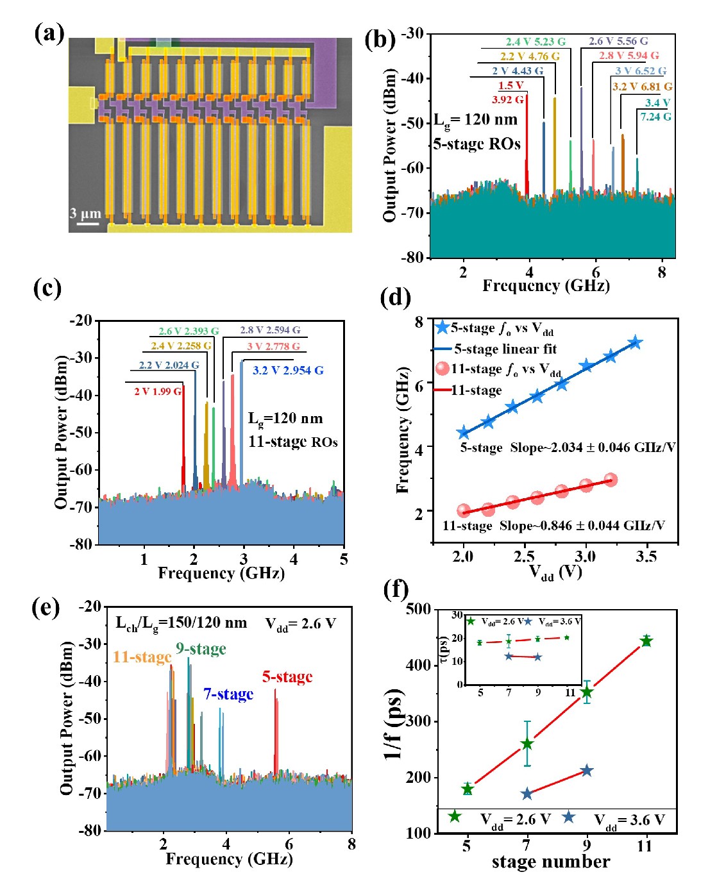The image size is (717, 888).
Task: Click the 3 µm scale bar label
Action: point(85,214)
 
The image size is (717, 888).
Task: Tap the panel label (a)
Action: point(49,32)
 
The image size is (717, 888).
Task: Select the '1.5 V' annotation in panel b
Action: point(510,85)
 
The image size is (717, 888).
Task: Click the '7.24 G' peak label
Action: point(655,117)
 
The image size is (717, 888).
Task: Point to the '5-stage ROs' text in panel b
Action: point(477,144)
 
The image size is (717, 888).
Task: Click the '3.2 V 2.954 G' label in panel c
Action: point(288,371)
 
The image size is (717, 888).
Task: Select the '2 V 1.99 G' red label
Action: point(158,391)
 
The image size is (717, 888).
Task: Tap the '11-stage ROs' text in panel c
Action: point(293,442)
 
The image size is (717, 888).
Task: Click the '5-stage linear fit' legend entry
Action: point(505,349)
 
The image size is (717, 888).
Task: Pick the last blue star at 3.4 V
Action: point(635,342)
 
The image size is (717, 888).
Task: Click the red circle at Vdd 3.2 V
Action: point(611,480)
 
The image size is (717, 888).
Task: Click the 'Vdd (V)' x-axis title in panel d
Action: point(555,572)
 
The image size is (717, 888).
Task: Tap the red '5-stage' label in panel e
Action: point(287,677)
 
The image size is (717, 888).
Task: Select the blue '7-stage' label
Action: point(228,694)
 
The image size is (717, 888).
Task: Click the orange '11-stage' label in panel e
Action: point(142,657)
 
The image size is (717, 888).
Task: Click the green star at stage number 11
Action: point(646,641)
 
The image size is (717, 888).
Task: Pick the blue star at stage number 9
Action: point(586,770)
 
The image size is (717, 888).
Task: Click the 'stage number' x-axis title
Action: point(551,862)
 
